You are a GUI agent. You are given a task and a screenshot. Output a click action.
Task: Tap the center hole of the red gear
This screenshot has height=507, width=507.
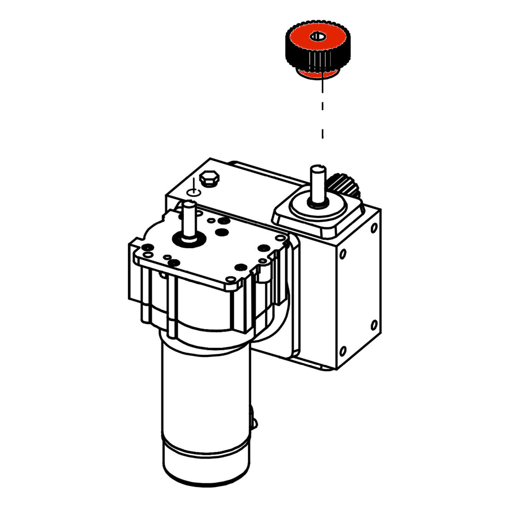pos(318,36)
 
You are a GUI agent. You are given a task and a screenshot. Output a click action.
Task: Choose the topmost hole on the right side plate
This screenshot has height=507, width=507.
pos(374,228)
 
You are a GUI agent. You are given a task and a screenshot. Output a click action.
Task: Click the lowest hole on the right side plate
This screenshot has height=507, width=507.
pos(343,351)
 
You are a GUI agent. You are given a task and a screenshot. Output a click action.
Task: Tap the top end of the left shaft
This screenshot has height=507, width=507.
pos(189,204)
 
